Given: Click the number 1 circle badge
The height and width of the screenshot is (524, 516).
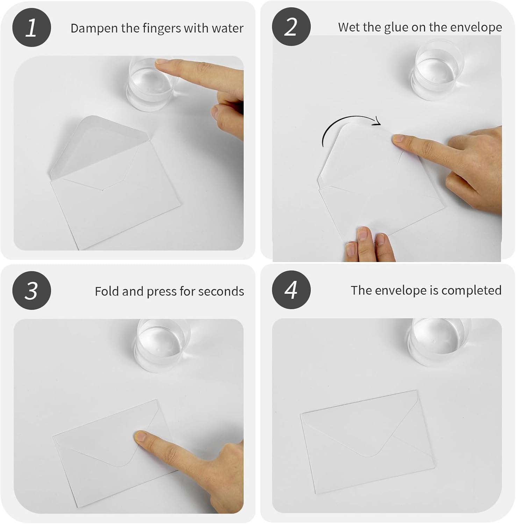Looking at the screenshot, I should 31,28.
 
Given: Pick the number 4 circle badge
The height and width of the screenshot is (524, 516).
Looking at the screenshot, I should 291,290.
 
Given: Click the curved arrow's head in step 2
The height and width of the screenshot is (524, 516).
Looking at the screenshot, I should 377,122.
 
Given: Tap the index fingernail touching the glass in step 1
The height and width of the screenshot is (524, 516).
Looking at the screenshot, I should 162,61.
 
